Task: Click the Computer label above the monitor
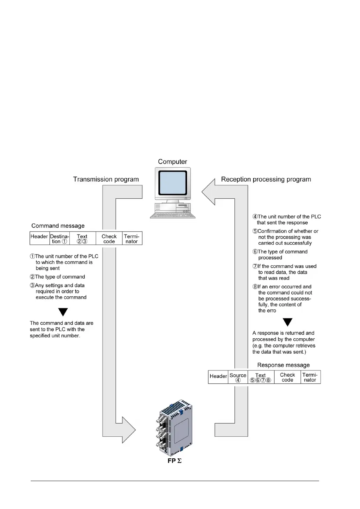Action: coord(172,162)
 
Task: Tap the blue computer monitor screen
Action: coord(172,183)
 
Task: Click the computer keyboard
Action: coord(172,215)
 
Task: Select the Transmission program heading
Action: coord(106,179)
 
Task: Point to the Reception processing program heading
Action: coord(266,179)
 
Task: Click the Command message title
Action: coord(58,226)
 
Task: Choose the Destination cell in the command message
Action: coord(60,239)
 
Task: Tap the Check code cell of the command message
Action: coord(109,239)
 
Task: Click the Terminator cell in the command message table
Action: coord(132,239)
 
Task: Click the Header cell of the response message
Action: coord(218,376)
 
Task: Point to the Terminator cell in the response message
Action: coord(310,377)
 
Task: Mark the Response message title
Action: coord(283,365)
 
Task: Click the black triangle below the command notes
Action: coord(63,311)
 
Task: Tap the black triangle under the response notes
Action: coord(287,322)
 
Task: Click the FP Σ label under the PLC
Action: coord(174,461)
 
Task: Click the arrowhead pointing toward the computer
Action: coord(209,192)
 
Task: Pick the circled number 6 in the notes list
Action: coord(255,252)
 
